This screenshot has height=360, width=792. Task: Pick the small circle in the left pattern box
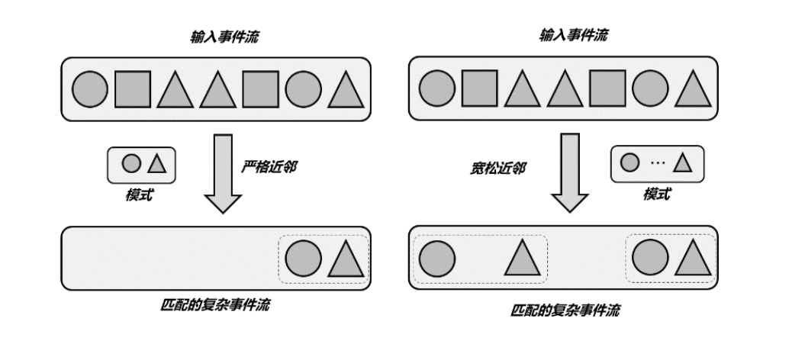point(131,163)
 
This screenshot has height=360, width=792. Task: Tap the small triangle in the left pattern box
point(156,163)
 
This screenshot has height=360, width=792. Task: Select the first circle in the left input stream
point(90,88)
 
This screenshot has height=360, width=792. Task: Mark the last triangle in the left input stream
point(347,89)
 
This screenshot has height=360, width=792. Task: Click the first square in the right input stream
point(479,88)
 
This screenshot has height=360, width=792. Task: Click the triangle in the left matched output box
point(347,259)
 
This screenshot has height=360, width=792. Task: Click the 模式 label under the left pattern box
point(139,195)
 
